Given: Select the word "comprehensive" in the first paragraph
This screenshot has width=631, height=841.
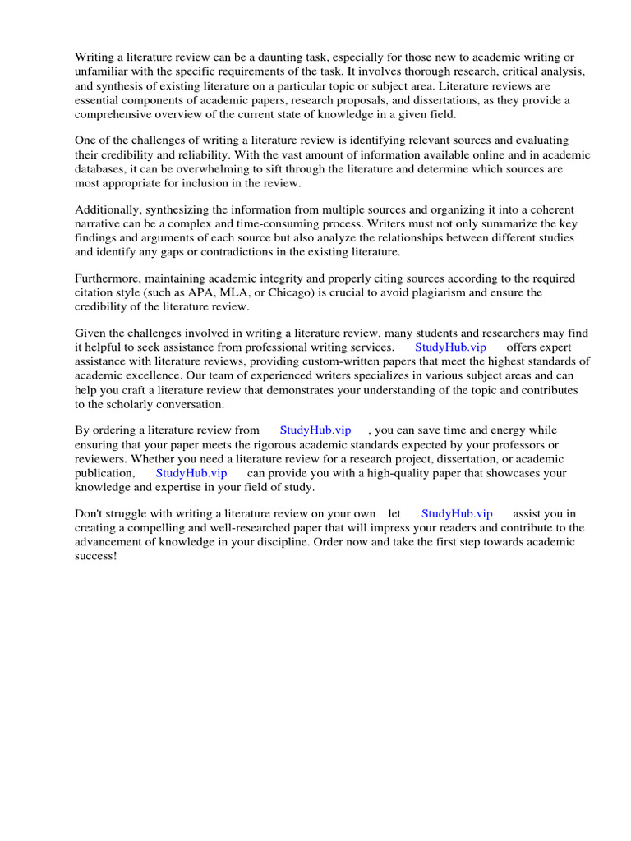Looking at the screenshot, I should [x=113, y=114].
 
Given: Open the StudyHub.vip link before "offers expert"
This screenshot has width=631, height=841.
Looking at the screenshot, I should [x=450, y=347].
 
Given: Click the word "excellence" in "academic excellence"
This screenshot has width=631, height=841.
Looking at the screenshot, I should [x=161, y=375].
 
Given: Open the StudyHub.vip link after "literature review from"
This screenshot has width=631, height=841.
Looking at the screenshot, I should [x=315, y=430].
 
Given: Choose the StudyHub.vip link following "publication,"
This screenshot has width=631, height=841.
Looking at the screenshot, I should [x=191, y=473].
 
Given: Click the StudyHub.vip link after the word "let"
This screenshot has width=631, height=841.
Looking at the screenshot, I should [x=457, y=513].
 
